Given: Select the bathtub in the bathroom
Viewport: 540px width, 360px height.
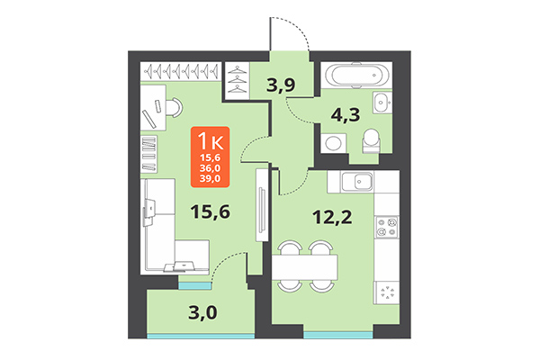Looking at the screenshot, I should click(x=354, y=75).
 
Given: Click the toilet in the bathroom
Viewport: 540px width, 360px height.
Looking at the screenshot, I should click(x=370, y=138).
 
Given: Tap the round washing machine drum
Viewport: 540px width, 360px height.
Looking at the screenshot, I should click(x=331, y=142).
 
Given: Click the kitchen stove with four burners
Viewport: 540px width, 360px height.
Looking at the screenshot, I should click(x=386, y=226).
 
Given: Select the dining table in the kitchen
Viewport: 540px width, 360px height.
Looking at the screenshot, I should click(x=304, y=265).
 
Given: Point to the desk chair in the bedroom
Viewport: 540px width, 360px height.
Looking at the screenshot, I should click(x=168, y=108).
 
